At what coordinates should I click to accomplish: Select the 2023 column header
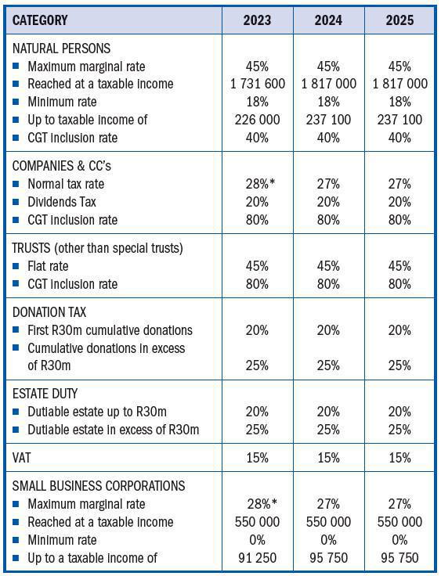click(x=257, y=20)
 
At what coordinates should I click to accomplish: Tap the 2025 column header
click(x=399, y=20)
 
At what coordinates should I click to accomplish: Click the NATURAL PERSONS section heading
click(x=62, y=49)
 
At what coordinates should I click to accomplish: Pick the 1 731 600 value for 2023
click(x=257, y=84)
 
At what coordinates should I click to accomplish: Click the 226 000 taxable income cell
click(x=257, y=120)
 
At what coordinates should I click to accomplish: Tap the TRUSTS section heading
click(x=98, y=248)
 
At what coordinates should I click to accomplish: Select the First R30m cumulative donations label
click(x=110, y=330)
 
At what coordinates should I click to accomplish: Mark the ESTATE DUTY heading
click(x=45, y=394)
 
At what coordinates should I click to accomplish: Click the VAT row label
click(x=23, y=457)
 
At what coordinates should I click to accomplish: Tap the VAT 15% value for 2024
click(x=328, y=457)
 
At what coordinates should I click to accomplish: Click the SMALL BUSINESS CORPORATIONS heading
click(x=99, y=486)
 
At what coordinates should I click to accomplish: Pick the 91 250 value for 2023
click(x=257, y=558)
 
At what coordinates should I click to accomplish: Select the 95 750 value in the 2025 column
click(x=399, y=558)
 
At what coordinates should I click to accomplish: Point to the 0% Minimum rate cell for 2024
click(x=328, y=540)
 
